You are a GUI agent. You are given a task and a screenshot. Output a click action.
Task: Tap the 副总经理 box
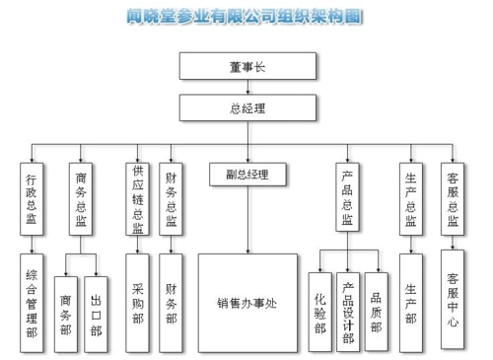pos(247,176)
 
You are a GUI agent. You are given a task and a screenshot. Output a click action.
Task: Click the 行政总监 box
pos(33,198)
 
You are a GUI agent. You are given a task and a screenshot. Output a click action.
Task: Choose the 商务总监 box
pos(81,198)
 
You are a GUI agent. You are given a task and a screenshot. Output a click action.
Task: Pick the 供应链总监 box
pos(138,198)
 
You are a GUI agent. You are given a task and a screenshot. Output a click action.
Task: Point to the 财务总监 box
pos(172,198)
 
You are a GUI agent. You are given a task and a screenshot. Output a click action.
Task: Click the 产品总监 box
pos(347,198)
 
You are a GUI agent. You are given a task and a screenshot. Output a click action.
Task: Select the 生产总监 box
pos(410,198)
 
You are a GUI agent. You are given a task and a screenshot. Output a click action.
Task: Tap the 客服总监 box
pos(452,198)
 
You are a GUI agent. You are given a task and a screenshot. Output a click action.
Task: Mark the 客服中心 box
pos(452,301)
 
